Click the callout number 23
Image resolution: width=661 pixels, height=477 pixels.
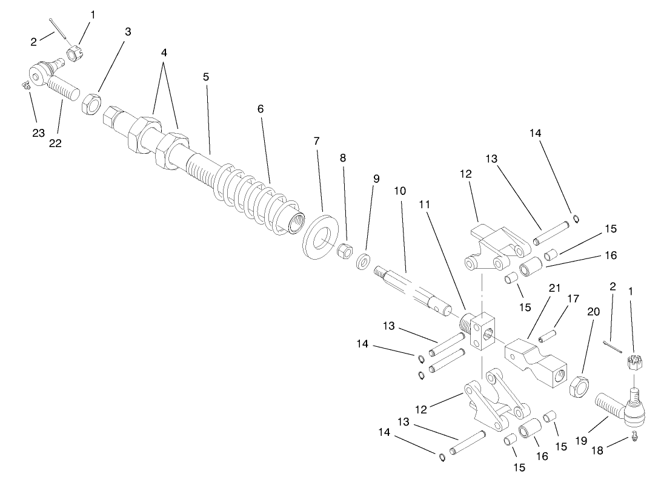[x=39, y=133]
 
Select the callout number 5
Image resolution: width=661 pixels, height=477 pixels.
[x=206, y=77]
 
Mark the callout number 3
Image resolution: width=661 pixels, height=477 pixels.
[x=128, y=32]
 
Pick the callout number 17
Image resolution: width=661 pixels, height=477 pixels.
[x=573, y=298]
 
